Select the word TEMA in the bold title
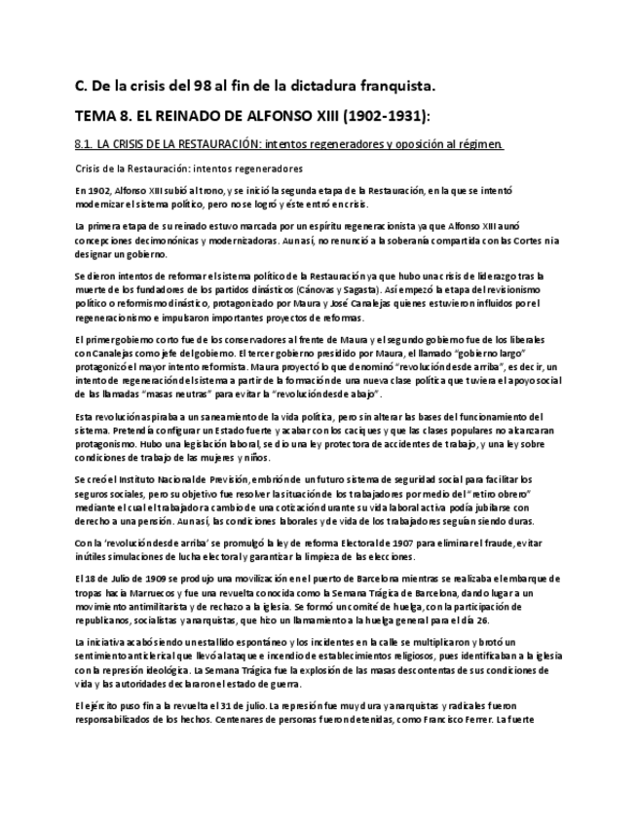coord(95,116)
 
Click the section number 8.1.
coord(83,144)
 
